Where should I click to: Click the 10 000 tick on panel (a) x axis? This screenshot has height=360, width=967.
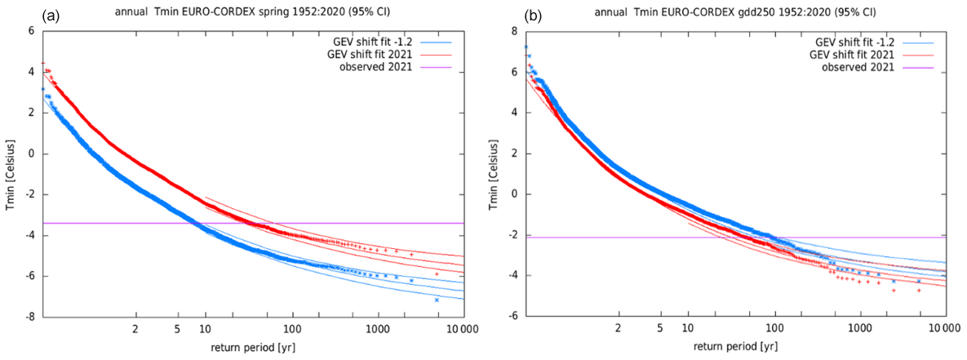tap(459, 329)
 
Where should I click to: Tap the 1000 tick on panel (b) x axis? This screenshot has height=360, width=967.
tap(858, 329)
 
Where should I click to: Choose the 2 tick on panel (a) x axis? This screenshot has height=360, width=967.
tap(135, 329)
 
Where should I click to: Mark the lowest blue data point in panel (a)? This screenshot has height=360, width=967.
tap(437, 300)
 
